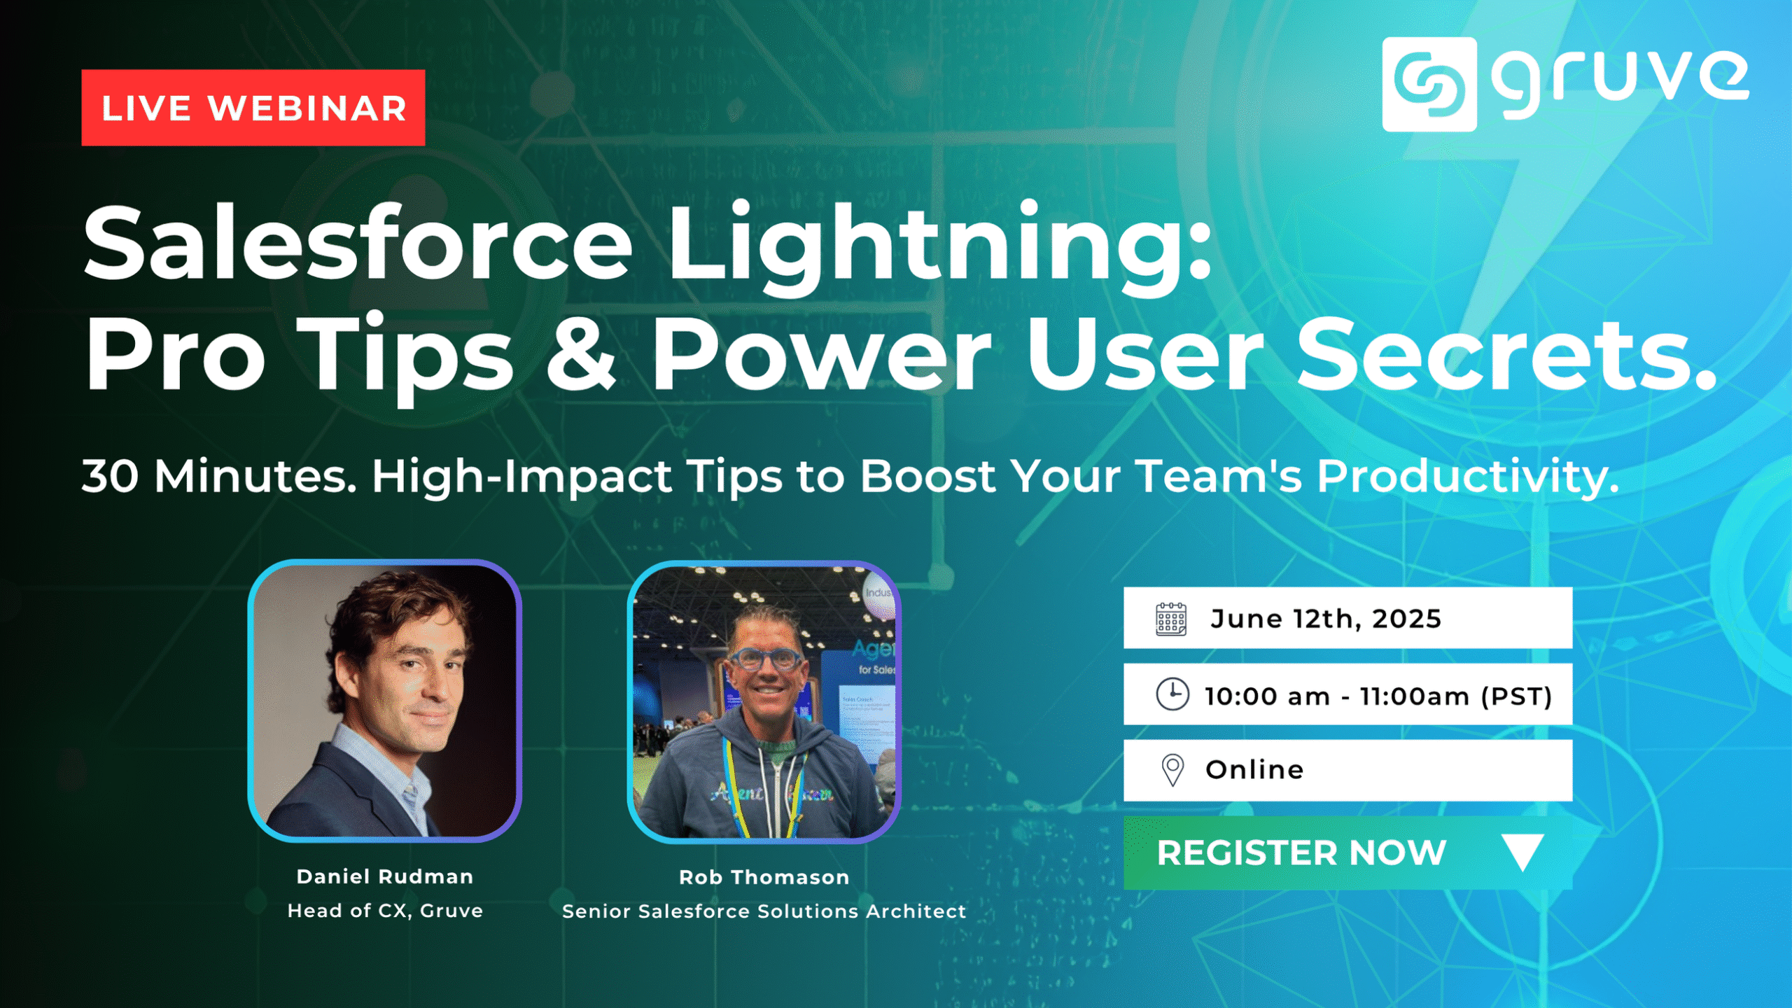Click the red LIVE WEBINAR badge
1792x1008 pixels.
[x=253, y=108]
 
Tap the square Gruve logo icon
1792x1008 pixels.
[x=1429, y=84]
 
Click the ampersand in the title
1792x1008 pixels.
[x=580, y=353]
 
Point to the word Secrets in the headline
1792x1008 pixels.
[x=1505, y=353]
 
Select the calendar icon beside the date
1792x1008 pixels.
[x=1170, y=619]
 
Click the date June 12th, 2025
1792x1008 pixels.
[x=1325, y=619]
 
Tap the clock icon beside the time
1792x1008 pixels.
[x=1172, y=694]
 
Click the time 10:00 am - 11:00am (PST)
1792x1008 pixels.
[x=1378, y=696]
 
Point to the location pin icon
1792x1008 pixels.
[x=1172, y=770]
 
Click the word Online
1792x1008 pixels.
[x=1254, y=770]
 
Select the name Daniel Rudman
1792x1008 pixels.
[x=385, y=876]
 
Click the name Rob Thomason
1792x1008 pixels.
[x=764, y=877]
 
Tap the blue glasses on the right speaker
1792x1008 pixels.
[x=766, y=659]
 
